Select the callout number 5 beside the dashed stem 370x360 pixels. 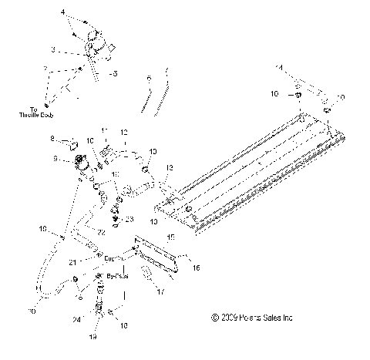pos(115,75)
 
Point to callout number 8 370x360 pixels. pos(52,140)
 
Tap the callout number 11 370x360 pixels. pos(106,130)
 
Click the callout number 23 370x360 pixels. pos(129,220)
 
